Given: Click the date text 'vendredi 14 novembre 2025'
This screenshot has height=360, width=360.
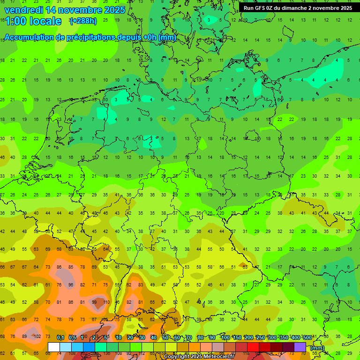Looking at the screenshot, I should click(65, 10).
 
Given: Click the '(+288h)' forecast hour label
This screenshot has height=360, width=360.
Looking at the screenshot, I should click(83, 21).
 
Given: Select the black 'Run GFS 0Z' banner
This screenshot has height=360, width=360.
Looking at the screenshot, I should click(298, 8).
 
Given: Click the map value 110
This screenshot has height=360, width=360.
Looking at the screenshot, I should click(106, 302).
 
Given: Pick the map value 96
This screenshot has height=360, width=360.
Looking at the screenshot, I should click(71, 285).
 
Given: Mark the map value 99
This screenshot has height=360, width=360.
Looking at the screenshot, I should click(94, 302).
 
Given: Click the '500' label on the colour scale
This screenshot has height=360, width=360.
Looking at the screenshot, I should click(307, 338).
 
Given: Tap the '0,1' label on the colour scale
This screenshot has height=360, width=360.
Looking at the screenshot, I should click(60, 338).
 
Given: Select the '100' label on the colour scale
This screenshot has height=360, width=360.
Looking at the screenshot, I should click(225, 338).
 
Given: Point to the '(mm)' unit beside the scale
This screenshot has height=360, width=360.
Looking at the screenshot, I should click(317, 348).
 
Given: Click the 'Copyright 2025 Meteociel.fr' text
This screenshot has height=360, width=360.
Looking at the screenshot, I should click(199, 357).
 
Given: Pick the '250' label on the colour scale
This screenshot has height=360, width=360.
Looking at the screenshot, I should click(260, 338).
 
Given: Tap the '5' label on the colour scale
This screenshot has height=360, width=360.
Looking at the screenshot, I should click(106, 338).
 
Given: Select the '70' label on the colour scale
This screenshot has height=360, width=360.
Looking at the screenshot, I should click(189, 338).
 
